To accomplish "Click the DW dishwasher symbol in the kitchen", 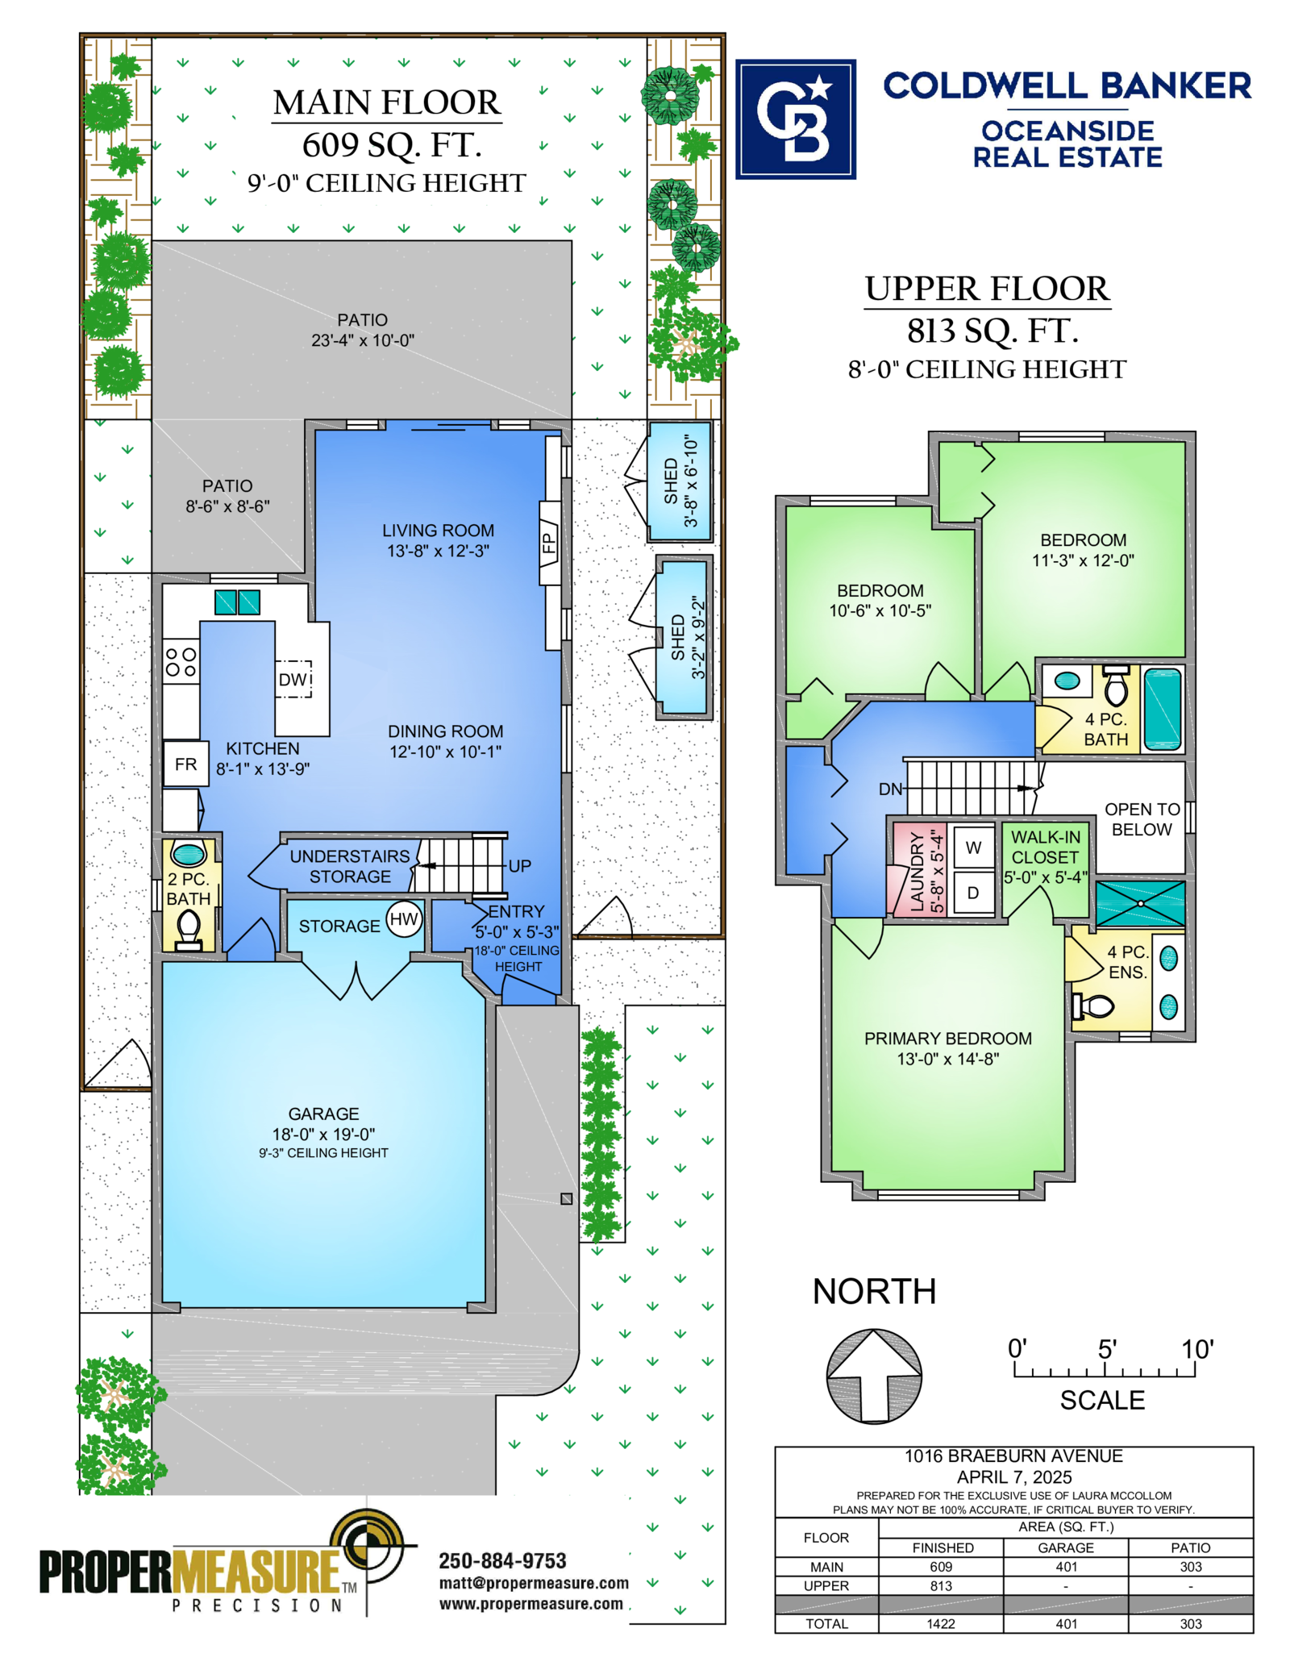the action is coord(293,679).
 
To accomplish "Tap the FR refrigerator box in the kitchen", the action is coord(185,764).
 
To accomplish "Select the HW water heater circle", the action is coord(404,919).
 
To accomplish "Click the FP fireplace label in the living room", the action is coord(549,543).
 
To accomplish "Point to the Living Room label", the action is coord(438,540).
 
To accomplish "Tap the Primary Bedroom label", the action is coord(948,1048).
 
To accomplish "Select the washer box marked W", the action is coord(973,847).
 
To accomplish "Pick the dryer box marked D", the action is coord(973,893).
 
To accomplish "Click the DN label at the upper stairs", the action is coord(890,789).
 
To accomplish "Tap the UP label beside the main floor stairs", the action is coord(519,866).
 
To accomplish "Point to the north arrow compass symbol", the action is coord(874,1376).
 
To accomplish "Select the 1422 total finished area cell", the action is coord(941,1624).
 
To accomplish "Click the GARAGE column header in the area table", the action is coord(1066,1547).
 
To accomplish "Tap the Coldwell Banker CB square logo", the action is coord(795,119).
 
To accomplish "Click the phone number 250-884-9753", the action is coord(502,1560).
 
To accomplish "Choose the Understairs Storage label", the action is coord(350,866).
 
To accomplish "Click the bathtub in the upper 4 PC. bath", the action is coord(1163,709).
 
